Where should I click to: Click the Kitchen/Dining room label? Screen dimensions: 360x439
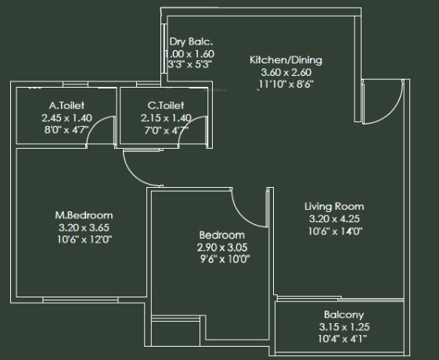coord(286,60)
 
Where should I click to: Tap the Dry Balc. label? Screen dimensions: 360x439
coord(191,41)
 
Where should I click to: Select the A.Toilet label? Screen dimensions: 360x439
coord(67,105)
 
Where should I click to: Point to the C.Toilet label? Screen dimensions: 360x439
coord(165,105)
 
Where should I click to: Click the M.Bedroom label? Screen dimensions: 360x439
coord(84,215)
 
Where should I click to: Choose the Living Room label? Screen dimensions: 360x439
coord(334,207)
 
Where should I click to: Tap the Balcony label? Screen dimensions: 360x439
coord(340,315)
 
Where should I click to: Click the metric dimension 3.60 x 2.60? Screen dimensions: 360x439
coord(286,73)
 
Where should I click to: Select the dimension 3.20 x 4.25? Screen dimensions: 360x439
coord(334,218)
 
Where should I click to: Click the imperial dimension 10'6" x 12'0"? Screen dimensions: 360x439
coord(84,239)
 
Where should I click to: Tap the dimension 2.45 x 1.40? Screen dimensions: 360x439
coord(67,117)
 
